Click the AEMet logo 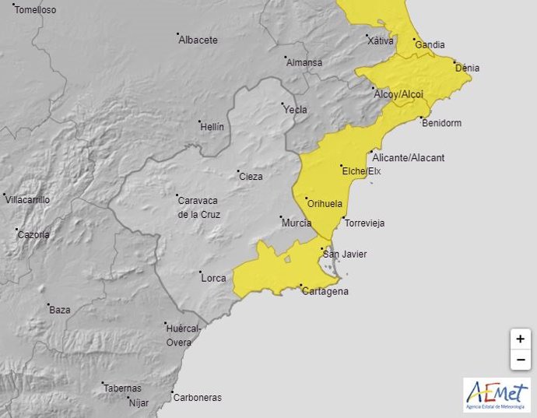tap(497, 395)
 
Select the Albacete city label tap(198, 40)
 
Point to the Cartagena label tap(325, 292)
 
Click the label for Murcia tap(297, 223)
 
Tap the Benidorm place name tap(440, 123)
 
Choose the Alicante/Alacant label tap(409, 157)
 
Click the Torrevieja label tap(364, 223)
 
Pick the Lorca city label tap(212, 278)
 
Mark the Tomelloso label tap(36, 10)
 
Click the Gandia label tap(430, 45)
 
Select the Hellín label tap(212, 126)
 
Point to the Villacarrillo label tap(28, 200)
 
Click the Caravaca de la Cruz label tap(199, 206)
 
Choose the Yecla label tap(295, 110)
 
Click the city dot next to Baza tap(48, 305)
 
